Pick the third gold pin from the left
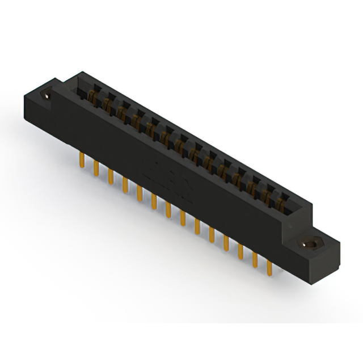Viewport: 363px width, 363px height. [x=110, y=176]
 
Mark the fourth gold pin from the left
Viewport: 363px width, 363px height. [x=125, y=185]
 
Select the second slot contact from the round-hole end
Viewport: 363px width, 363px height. [x=106, y=104]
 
